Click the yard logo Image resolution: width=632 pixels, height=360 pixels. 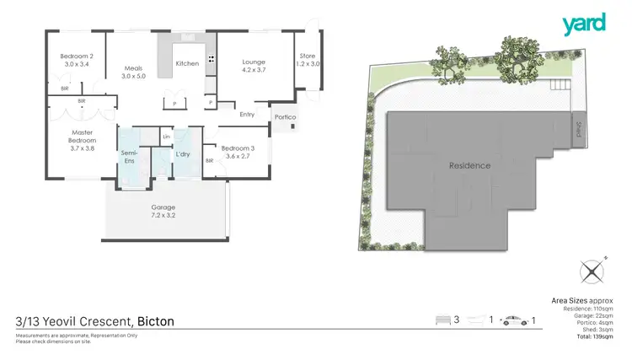585,23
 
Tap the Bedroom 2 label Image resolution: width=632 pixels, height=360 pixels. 76,60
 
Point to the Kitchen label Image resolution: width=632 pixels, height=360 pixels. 186,63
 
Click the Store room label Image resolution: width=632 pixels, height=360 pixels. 306,60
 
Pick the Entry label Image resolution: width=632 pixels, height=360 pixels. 247,115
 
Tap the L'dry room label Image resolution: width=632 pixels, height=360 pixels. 183,154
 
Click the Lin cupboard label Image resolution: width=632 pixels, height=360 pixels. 167,136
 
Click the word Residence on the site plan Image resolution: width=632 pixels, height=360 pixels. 469,165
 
